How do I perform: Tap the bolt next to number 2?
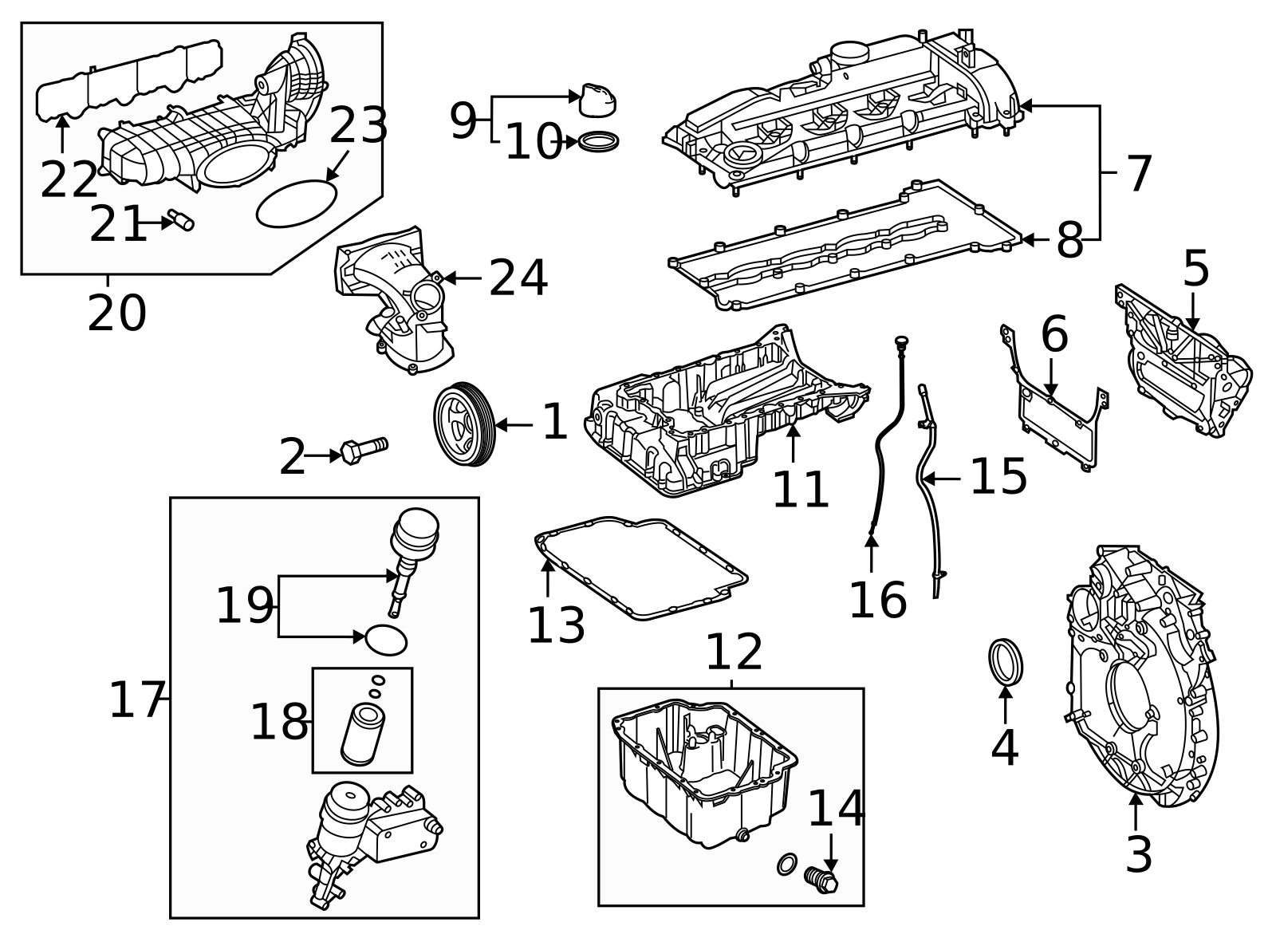363,450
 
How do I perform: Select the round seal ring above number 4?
1005,662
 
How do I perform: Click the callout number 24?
518,279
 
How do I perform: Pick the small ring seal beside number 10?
598,142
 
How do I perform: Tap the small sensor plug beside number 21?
182,221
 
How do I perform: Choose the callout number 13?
556,626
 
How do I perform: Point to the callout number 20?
116,313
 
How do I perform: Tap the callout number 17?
136,700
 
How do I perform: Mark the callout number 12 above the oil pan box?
734,652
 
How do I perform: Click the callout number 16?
877,600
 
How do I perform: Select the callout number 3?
1138,854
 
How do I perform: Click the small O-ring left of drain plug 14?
786,864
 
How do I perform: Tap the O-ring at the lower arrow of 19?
386,639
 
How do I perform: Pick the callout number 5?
1195,270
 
